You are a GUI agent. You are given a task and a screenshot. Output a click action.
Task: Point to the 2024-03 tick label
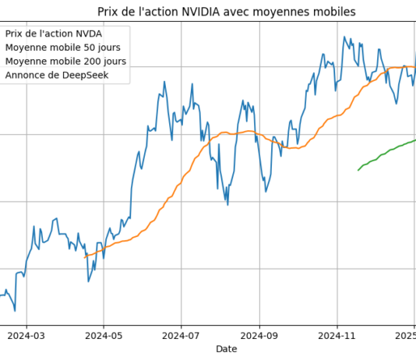(26, 337)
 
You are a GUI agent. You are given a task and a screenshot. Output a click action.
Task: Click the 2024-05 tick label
(104, 337)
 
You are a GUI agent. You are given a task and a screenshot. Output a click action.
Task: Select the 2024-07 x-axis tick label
(181, 337)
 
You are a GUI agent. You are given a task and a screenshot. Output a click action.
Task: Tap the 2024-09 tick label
(259, 337)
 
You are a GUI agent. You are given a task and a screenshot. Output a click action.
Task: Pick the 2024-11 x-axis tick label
(337, 337)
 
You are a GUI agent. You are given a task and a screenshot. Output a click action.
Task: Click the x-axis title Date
(227, 350)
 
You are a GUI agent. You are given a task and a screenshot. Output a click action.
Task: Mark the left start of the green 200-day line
(358, 170)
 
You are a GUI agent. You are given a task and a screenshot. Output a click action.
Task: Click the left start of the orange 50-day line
(85, 256)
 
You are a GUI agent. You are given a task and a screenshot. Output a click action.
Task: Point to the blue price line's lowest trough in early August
(227, 204)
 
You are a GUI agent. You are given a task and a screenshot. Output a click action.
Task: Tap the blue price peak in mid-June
(164, 81)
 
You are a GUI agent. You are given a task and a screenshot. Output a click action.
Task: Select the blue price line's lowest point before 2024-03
(15, 311)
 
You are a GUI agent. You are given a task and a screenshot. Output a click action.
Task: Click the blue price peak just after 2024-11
(344, 37)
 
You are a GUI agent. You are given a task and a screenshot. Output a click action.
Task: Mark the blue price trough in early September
(266, 192)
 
